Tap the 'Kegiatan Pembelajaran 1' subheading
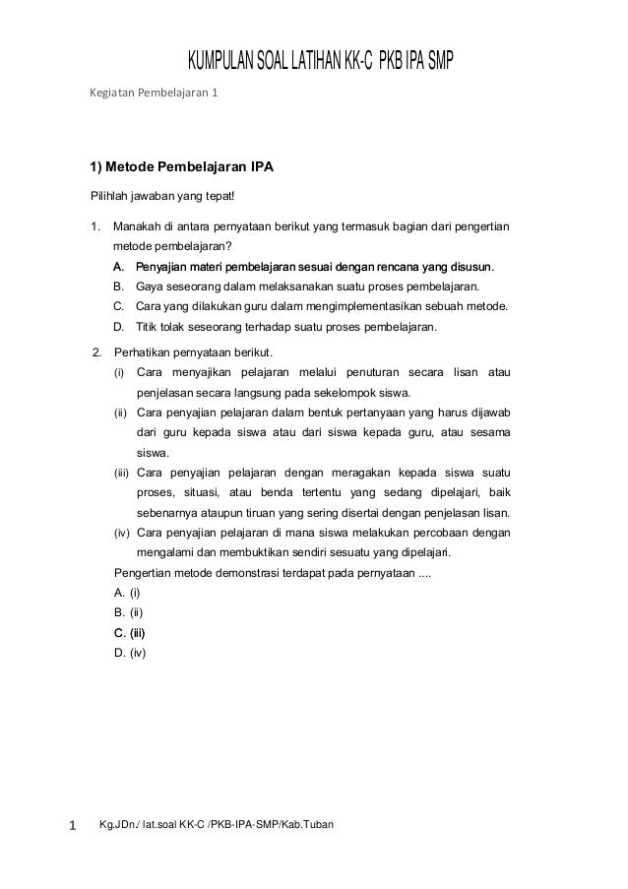tap(156, 95)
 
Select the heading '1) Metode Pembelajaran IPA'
tap(181, 166)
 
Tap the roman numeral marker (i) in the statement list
tap(120, 372)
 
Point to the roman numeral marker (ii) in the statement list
tap(121, 413)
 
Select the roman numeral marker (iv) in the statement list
tap(122, 534)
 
